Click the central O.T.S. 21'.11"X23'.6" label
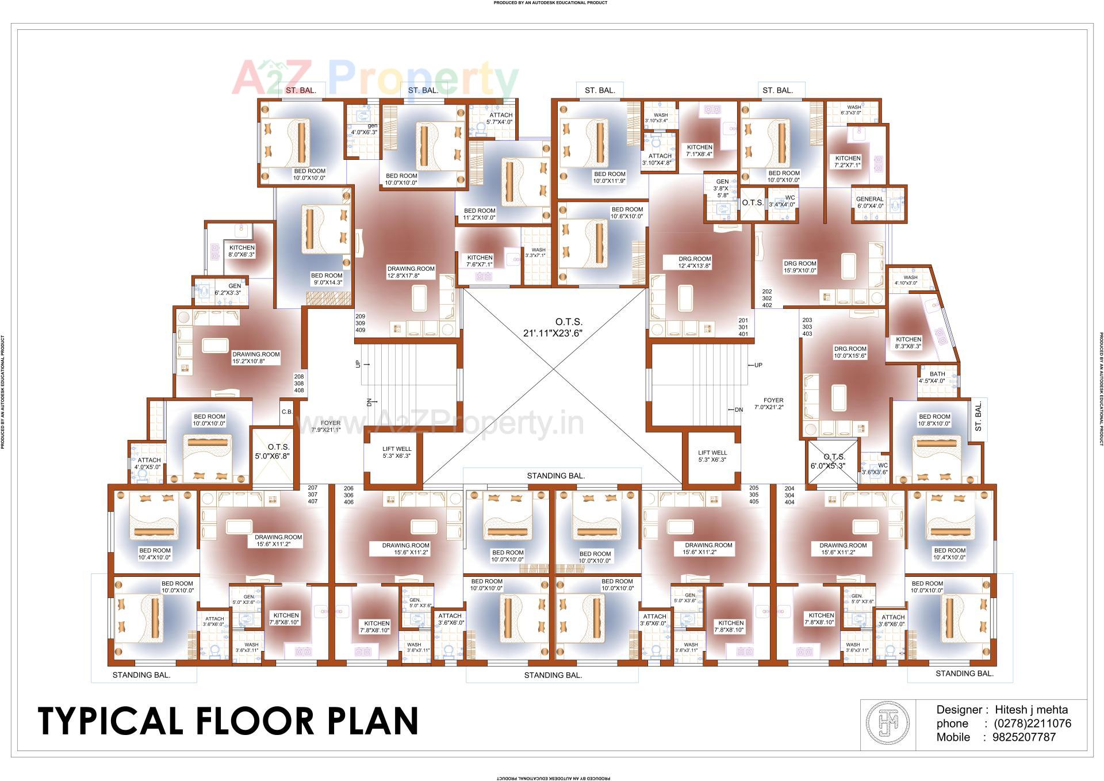point(553,327)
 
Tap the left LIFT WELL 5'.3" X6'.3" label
point(397,453)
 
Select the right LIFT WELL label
point(712,456)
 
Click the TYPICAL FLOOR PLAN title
point(228,721)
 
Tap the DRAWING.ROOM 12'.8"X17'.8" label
point(411,272)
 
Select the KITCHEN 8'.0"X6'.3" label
point(241,251)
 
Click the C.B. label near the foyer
point(287,412)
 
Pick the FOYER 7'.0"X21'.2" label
point(773,403)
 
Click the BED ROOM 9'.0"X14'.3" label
point(326,279)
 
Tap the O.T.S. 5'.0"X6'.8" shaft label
point(273,451)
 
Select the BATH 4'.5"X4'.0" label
point(937,377)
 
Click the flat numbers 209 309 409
point(360,323)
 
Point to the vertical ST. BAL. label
point(978,417)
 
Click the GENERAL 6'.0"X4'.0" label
point(869,202)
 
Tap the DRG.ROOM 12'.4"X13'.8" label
point(695,262)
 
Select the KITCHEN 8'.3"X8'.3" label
point(908,343)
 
